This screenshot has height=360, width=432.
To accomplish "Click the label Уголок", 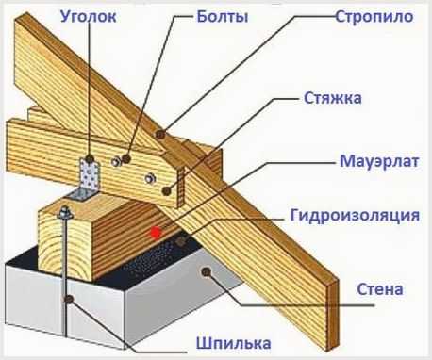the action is coord(89,16).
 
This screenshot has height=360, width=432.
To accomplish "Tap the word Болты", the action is coord(223,16).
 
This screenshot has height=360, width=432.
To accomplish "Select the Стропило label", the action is coord(374,17).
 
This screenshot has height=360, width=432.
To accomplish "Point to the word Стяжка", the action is coord(333,98).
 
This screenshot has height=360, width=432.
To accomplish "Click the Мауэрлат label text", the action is coord(379,161).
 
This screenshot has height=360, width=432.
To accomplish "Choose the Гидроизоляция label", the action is coord(355,216).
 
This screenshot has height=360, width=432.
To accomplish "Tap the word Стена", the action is coord(380,289).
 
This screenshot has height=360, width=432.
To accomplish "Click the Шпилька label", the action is coord(234,343).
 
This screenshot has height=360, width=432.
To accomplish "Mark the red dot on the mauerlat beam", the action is coord(157,233).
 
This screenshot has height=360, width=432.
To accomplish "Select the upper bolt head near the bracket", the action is coord(116,161).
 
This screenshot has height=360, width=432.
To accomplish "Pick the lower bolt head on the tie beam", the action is coord(150,178).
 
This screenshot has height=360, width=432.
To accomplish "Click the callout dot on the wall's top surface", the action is coord(207,272).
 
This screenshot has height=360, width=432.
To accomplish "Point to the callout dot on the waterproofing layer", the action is coord(180,241).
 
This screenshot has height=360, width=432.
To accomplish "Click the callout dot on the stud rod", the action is coord(69,299).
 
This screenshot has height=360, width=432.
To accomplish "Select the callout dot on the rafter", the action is coord(160,135).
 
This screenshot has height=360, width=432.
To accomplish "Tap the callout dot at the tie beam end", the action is coord(167,190).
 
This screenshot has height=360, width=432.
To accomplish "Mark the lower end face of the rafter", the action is coord(333,314).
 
